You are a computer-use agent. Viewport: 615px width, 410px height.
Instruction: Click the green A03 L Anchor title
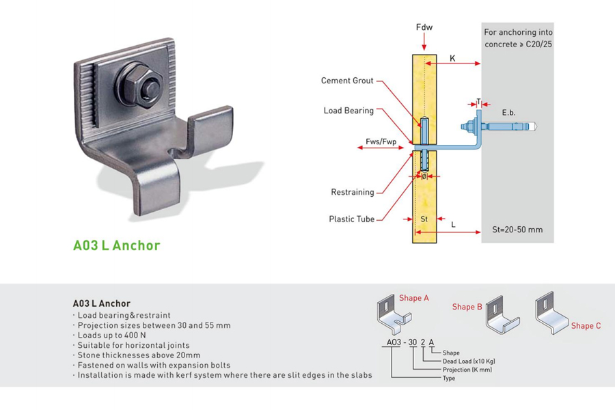click(x=117, y=245)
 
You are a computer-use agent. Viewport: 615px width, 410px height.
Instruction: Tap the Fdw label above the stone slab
click(x=424, y=27)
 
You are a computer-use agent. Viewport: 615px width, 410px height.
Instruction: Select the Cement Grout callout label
click(x=347, y=81)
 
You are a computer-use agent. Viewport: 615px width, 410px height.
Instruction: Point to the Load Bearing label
click(x=348, y=111)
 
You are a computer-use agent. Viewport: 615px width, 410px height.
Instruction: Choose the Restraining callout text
click(x=353, y=192)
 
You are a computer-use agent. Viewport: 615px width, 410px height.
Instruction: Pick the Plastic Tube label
click(x=351, y=219)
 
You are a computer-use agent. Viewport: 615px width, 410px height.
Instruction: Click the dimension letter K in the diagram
click(x=452, y=59)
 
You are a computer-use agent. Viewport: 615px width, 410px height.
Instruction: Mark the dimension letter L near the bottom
click(x=454, y=224)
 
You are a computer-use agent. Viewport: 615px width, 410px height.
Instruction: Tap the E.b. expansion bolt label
click(x=508, y=111)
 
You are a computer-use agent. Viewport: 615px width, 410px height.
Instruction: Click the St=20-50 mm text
click(x=517, y=230)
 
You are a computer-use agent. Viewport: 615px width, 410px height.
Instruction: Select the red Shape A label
click(x=414, y=298)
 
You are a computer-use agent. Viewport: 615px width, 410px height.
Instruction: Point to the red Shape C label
click(x=586, y=326)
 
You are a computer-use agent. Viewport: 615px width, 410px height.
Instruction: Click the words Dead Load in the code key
click(x=452, y=361)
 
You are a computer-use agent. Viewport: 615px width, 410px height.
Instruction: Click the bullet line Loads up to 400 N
click(x=111, y=336)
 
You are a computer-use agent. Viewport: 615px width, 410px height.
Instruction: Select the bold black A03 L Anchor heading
click(x=101, y=303)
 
